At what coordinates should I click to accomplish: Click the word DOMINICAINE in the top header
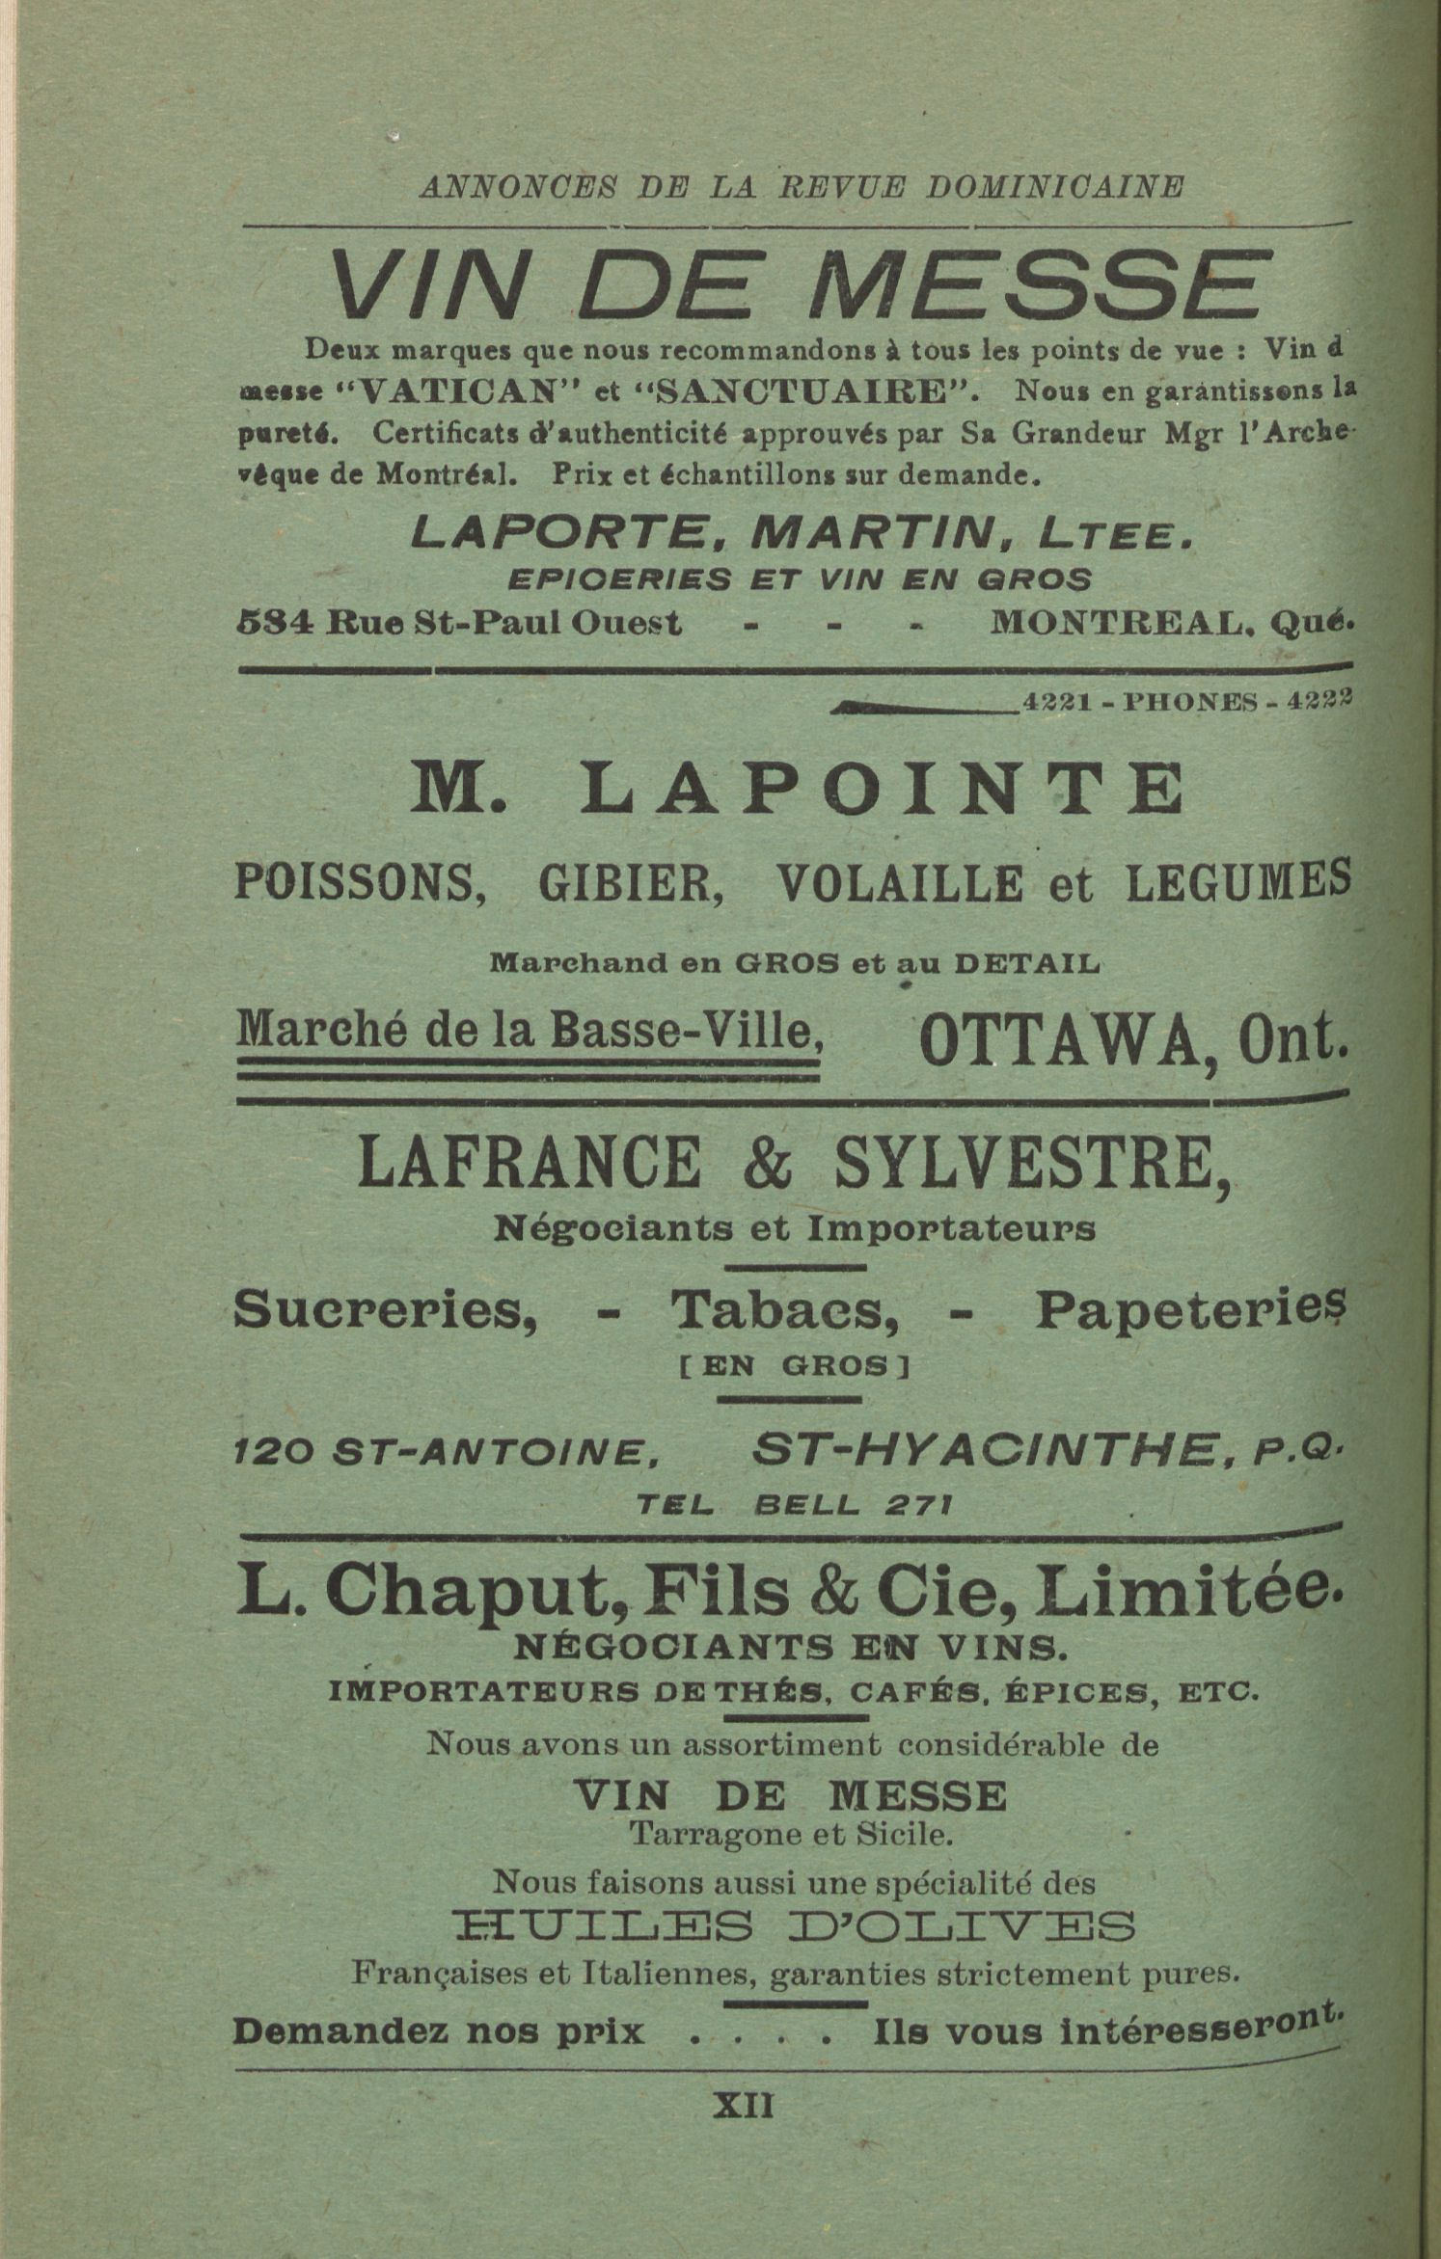[1053, 188]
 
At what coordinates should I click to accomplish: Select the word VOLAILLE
[899, 882]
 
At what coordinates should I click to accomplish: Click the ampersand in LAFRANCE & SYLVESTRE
[769, 1163]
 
